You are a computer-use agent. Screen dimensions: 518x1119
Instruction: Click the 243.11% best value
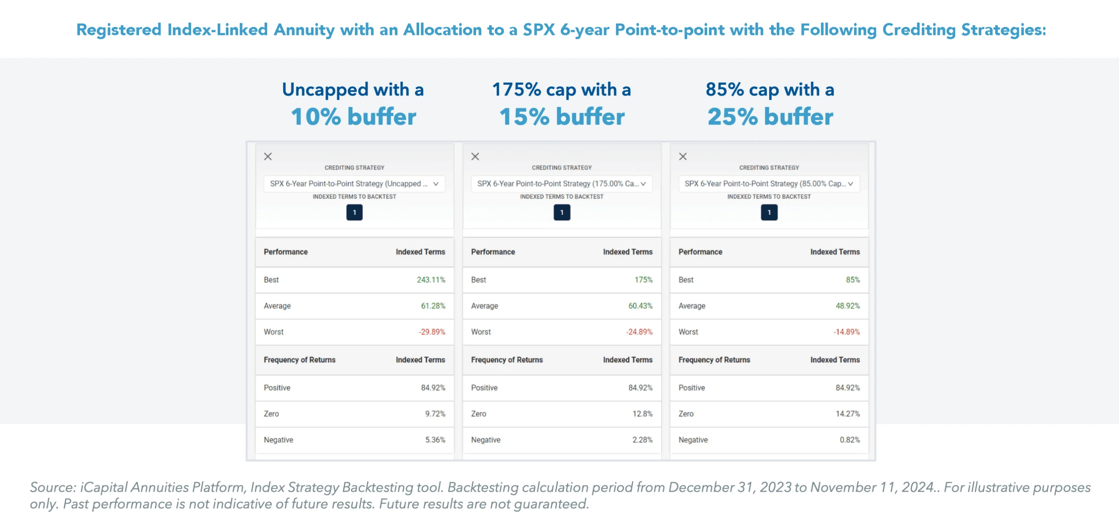pos(431,280)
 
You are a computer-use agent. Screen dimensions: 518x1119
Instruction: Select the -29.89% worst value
pos(431,332)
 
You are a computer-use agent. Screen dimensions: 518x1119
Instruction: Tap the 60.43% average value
pos(640,306)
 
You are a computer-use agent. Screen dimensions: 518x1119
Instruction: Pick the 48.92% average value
pos(847,306)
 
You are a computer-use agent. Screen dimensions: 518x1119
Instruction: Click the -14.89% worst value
pos(846,332)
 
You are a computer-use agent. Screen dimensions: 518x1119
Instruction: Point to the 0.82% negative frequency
pos(849,440)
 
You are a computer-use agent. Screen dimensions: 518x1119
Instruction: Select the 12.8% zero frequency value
pos(642,414)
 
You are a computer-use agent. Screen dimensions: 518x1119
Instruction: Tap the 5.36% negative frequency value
pos(435,440)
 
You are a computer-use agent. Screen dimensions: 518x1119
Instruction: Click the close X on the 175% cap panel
pos(475,156)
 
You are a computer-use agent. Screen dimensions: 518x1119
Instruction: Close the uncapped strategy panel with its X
pos(268,156)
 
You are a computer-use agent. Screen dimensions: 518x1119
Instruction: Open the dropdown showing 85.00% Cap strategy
pos(769,184)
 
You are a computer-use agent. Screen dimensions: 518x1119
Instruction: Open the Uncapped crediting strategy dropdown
pos(354,184)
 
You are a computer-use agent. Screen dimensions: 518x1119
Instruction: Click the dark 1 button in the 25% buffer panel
pos(769,212)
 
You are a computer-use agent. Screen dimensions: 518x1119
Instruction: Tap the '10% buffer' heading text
pos(353,117)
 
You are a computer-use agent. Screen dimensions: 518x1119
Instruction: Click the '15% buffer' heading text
pos(562,117)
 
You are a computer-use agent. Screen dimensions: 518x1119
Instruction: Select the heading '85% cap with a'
pos(769,90)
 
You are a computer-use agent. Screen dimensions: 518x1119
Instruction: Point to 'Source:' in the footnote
pos(53,487)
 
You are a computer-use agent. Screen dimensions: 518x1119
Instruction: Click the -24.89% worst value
pos(639,332)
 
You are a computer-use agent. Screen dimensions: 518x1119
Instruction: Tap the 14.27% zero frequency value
pos(847,414)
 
